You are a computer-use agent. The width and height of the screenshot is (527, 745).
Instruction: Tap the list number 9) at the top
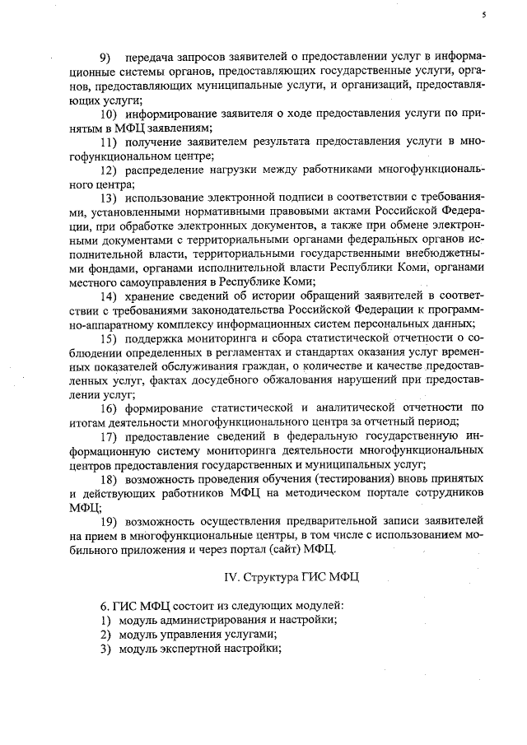coord(105,57)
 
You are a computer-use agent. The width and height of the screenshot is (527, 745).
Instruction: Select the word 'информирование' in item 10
coord(168,114)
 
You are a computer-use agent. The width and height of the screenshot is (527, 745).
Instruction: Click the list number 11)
coord(109,142)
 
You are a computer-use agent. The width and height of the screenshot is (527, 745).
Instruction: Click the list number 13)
coord(109,198)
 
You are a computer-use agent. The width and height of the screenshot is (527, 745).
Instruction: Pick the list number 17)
coord(109,436)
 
